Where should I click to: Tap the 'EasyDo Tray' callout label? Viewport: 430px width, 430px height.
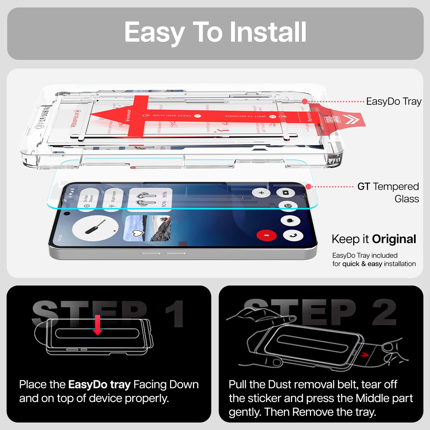point(394,102)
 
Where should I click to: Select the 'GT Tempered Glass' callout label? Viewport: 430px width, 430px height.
point(388,192)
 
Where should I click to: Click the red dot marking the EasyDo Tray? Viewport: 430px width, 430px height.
point(305,102)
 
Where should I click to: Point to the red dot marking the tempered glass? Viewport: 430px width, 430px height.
point(308,187)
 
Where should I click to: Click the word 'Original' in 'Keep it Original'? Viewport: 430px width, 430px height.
point(394,239)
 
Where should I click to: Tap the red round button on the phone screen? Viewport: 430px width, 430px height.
point(266,236)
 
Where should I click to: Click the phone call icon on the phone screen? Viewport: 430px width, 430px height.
point(293,235)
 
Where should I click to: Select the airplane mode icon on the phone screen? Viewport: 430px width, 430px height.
point(261,193)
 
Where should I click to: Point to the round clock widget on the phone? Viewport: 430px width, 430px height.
point(95,228)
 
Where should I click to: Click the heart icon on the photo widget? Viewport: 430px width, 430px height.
point(137,233)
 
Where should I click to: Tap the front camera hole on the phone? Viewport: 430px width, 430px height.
point(67,213)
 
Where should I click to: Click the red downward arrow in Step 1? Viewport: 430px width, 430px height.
point(97,325)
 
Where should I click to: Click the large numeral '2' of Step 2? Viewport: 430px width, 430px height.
point(384,312)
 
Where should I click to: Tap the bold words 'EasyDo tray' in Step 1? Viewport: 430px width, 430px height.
point(99,385)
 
